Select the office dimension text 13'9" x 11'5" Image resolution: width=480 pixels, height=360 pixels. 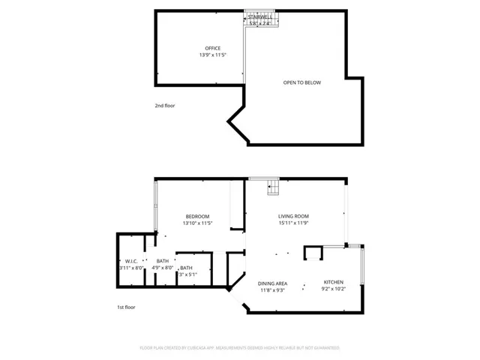tap(213, 55)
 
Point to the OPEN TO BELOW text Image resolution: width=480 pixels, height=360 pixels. tap(301, 82)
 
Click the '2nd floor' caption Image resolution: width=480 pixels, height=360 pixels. tap(164, 106)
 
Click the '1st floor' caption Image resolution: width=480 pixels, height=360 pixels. tap(126, 307)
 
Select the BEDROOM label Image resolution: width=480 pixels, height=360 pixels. tap(198, 216)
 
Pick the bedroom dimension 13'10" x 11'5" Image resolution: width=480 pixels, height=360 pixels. tap(198, 223)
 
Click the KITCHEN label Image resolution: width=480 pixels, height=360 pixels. tap(333, 282)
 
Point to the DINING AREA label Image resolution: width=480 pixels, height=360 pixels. tap(273, 283)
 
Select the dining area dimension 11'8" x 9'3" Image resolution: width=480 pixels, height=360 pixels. tap(273, 291)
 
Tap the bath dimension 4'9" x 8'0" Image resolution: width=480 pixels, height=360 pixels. tap(163, 268)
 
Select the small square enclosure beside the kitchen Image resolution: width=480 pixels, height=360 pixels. tap(311, 253)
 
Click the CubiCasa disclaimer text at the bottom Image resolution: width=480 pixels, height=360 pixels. tap(239, 348)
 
